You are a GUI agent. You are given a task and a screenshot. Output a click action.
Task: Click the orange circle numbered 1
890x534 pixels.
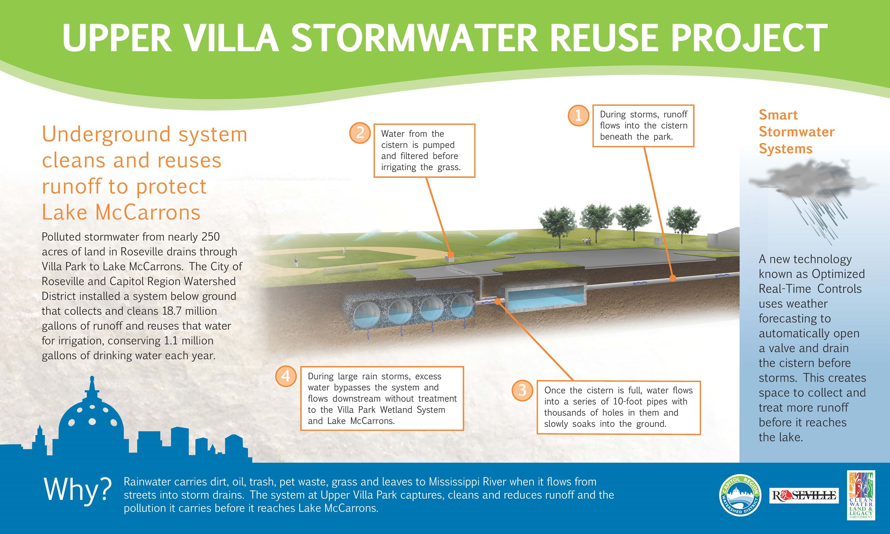coord(578,115)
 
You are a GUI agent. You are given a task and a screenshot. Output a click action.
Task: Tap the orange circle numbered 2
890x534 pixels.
coord(359,133)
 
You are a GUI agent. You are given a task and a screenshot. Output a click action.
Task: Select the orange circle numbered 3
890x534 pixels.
coord(522,391)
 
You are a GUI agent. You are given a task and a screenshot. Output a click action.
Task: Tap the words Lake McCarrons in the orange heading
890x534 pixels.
coord(121,212)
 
